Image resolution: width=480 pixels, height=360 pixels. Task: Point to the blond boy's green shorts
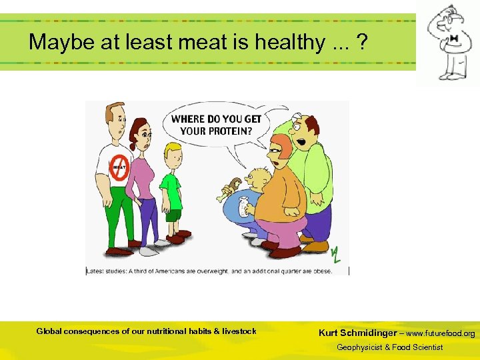click(x=173, y=215)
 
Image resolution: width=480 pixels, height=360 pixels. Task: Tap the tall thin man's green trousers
click(x=122, y=213)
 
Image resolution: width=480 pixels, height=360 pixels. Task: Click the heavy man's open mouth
click(x=301, y=142)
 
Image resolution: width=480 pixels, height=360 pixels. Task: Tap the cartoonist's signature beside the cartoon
click(x=337, y=254)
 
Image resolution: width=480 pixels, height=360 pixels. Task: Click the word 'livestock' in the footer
click(x=239, y=331)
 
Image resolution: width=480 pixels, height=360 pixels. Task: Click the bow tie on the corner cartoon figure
click(x=454, y=39)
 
